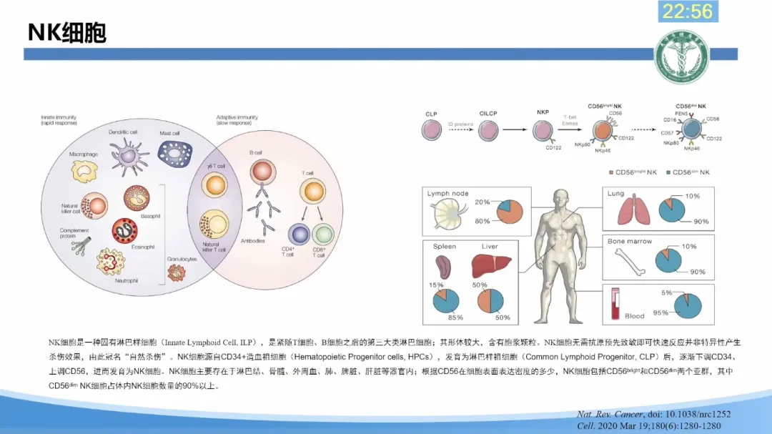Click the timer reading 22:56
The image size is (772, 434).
pyautogui.click(x=688, y=11)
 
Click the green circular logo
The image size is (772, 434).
pyautogui.click(x=681, y=58)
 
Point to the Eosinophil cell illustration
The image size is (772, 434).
pyautogui.click(x=124, y=230)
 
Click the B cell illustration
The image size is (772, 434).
pyautogui.click(x=263, y=174)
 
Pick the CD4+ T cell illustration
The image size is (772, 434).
pyautogui.click(x=299, y=235)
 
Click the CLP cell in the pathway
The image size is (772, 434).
pyautogui.click(x=432, y=129)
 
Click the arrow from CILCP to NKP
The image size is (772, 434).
pyautogui.click(x=518, y=129)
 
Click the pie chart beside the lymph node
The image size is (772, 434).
pyautogui.click(x=509, y=211)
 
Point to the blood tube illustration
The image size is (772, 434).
pyautogui.click(x=615, y=304)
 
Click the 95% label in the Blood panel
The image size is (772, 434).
pyautogui.click(x=660, y=312)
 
